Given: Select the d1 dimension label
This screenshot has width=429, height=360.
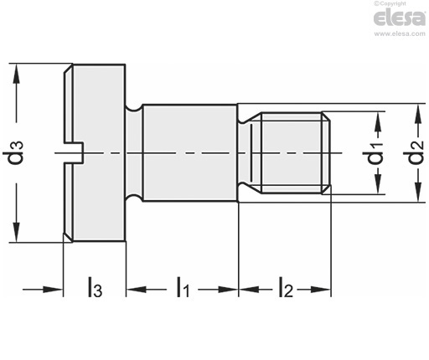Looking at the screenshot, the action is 375,152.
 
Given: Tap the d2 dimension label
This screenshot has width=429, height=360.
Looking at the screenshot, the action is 416,152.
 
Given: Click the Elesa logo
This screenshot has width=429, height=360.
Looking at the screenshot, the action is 400,18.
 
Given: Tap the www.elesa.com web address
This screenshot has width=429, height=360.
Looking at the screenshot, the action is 400,33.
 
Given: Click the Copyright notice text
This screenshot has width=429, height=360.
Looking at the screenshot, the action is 390,3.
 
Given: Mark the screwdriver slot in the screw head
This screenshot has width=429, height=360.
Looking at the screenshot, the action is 74,152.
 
